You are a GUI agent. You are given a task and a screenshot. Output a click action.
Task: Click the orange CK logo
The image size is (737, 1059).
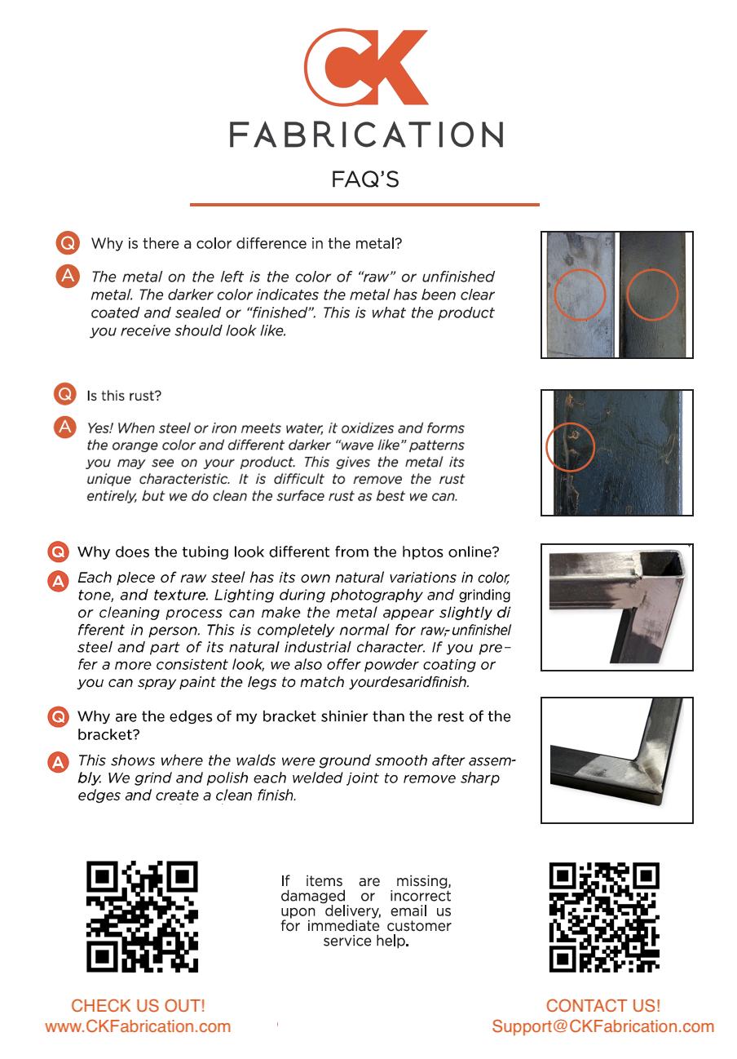(x=366, y=67)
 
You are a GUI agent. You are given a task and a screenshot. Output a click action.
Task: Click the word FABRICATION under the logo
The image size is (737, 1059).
(x=366, y=135)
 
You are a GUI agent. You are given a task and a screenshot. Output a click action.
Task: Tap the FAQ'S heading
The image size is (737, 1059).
(x=365, y=179)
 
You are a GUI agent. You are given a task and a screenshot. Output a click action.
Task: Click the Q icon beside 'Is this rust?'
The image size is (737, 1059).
(x=65, y=394)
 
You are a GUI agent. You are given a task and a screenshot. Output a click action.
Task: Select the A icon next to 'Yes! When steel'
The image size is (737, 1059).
(x=65, y=428)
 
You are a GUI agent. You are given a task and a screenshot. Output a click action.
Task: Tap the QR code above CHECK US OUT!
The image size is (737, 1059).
(x=142, y=917)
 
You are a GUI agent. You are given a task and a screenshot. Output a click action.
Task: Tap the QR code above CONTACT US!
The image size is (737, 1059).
(x=604, y=917)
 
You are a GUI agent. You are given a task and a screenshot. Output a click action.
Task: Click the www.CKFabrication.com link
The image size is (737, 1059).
(x=138, y=1026)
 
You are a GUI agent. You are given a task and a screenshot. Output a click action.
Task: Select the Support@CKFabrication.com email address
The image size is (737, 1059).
(x=602, y=1026)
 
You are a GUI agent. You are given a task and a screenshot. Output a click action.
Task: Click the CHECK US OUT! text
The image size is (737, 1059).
(x=138, y=1006)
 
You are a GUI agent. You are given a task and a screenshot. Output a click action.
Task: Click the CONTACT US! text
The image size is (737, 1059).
(x=602, y=1006)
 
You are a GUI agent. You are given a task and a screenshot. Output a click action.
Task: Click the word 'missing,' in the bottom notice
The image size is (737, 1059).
(x=423, y=881)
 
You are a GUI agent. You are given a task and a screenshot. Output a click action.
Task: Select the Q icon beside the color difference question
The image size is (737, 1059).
(x=68, y=243)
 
